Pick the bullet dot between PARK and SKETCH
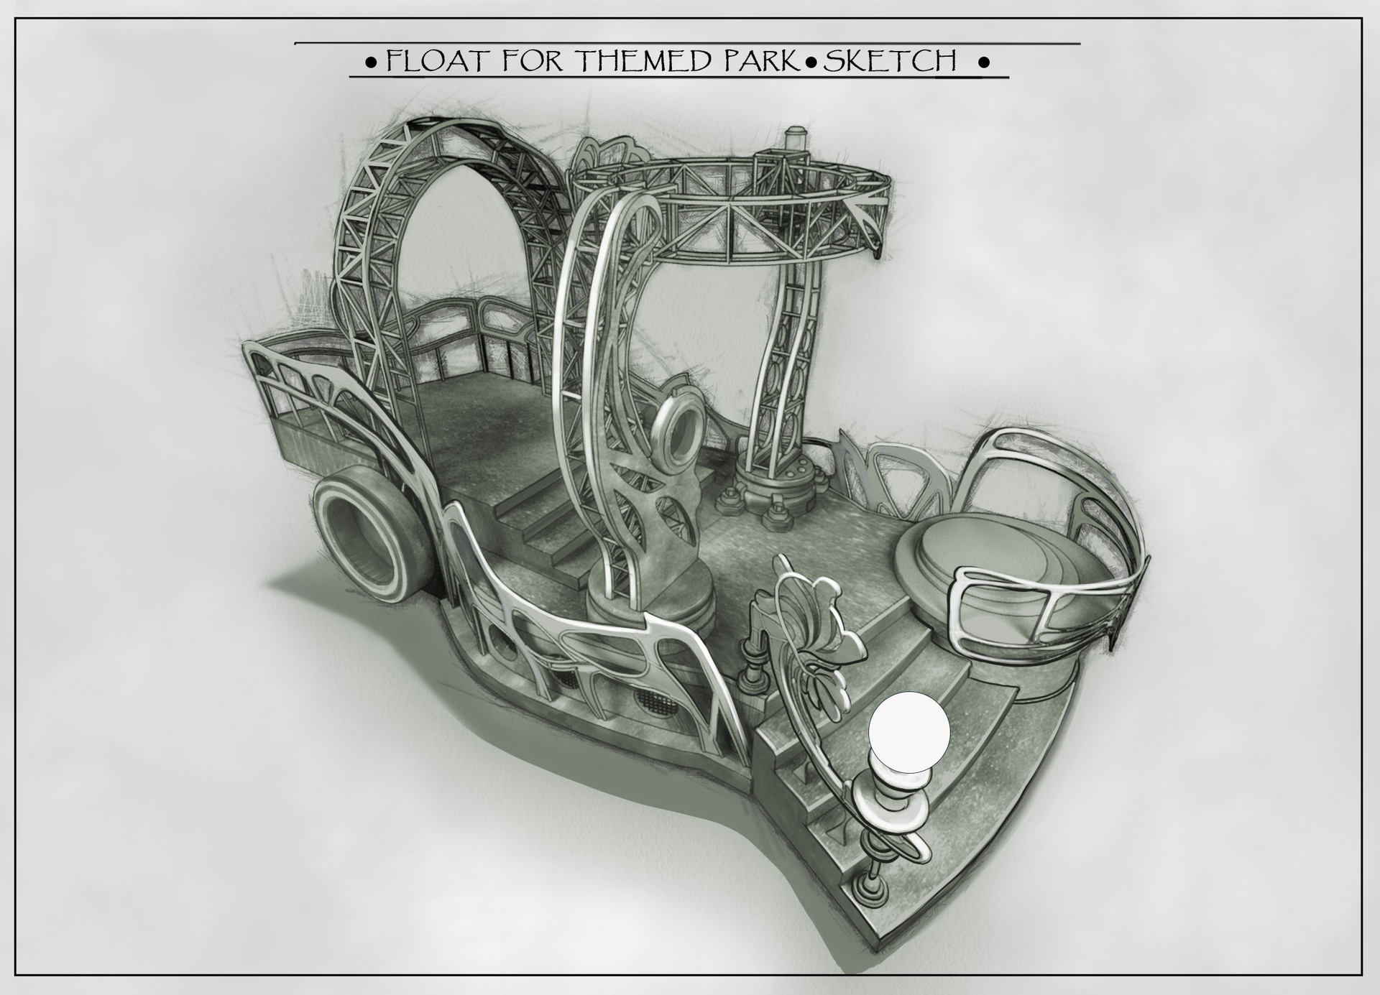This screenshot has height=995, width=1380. [x=812, y=63]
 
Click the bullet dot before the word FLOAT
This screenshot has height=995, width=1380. [x=370, y=63]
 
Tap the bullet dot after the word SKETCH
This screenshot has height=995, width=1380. [x=985, y=63]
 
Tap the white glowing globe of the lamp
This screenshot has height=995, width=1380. [x=909, y=732]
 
